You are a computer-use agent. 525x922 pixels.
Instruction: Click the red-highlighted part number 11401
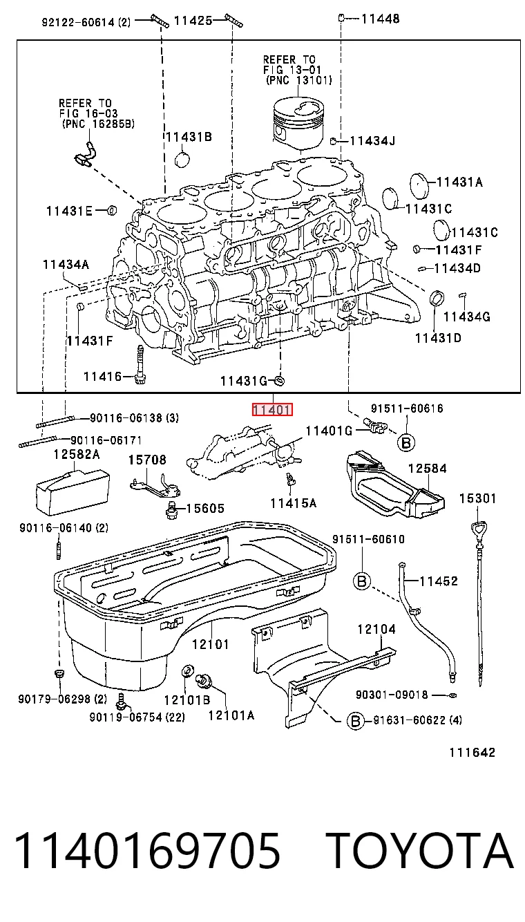point(272,410)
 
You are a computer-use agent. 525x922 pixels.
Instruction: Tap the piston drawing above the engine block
point(298,124)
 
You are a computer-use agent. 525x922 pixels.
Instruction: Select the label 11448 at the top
point(380,19)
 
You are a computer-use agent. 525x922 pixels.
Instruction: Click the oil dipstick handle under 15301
point(479,529)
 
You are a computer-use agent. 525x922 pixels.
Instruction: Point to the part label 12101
point(210,644)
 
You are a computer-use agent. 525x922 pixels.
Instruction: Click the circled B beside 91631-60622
point(356,721)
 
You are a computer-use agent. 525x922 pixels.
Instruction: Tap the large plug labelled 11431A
point(419,187)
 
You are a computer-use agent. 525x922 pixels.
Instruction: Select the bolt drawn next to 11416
point(140,365)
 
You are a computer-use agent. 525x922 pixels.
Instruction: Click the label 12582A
point(77,454)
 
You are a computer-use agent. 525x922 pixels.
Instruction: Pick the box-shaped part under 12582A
point(73,493)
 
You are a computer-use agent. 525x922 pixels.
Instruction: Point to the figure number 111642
point(472,753)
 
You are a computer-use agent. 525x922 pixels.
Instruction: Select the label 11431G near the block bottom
point(244,381)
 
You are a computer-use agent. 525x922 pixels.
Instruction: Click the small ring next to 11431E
point(112,211)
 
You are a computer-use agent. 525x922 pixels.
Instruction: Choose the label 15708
point(147,460)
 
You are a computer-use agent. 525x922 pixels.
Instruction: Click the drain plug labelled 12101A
point(204,680)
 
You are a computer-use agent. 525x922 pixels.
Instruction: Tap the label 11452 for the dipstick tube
point(439,581)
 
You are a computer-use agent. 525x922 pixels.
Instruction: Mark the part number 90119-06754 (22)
point(137,717)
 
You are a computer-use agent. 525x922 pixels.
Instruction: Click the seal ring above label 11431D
point(437,298)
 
